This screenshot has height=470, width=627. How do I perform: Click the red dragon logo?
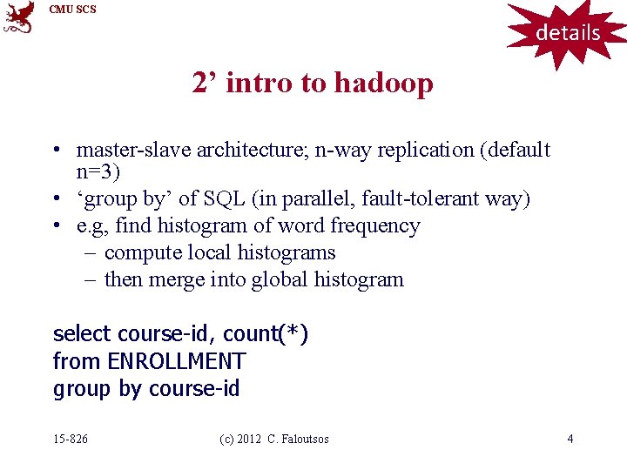(18, 17)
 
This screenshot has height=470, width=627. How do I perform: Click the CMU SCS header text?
(73, 10)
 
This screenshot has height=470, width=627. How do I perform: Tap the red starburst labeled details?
(568, 33)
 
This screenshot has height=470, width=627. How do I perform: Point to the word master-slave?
(133, 150)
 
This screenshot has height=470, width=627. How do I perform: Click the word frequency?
(377, 226)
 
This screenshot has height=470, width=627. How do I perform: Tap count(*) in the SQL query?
(266, 334)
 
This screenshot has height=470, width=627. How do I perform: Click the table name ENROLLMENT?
(176, 361)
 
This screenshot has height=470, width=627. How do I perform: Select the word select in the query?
(82, 334)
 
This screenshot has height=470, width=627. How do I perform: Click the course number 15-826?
(71, 439)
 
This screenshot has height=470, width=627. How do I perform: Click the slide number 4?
(570, 439)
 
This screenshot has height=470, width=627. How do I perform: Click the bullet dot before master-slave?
(56, 151)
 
